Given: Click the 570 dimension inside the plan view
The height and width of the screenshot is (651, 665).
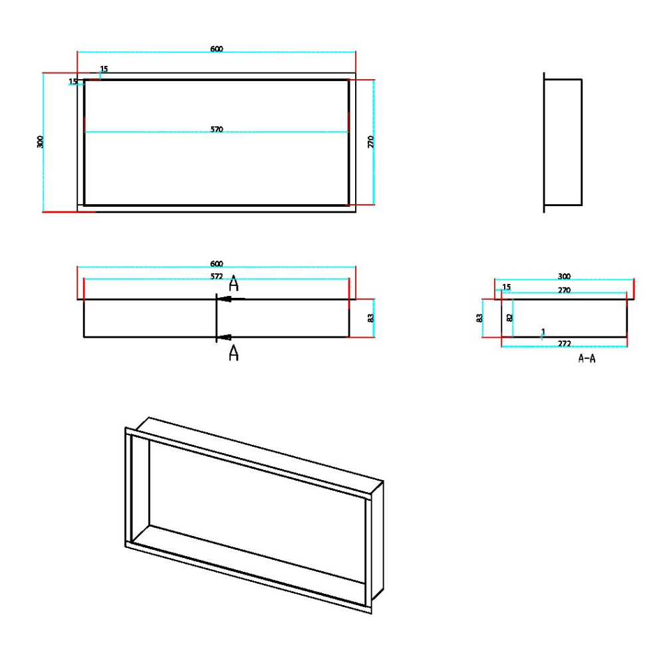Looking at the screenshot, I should pyautogui.click(x=217, y=130).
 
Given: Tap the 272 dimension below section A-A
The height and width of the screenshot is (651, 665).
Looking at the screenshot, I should pyautogui.click(x=565, y=343).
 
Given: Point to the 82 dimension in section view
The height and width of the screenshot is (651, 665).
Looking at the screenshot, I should pyautogui.click(x=510, y=318).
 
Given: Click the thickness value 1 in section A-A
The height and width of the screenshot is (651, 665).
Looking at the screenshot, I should pyautogui.click(x=543, y=331).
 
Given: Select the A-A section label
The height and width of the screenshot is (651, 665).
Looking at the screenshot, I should pyautogui.click(x=587, y=358).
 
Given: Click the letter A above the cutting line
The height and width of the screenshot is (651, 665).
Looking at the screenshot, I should pyautogui.click(x=233, y=285).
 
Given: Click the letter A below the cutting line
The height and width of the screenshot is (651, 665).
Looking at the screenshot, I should pyautogui.click(x=233, y=353).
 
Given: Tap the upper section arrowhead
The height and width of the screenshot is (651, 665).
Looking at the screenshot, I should pyautogui.click(x=226, y=299).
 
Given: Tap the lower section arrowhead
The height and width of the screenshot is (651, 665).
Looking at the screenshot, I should pyautogui.click(x=226, y=337).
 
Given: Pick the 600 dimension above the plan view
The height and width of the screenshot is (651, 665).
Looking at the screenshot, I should pyautogui.click(x=217, y=49).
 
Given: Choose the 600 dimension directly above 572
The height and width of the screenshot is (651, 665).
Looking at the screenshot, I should pyautogui.click(x=217, y=264).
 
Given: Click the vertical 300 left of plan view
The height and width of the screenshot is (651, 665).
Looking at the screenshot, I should pyautogui.click(x=40, y=142).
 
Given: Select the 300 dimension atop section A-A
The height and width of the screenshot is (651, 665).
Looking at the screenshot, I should pyautogui.click(x=565, y=276).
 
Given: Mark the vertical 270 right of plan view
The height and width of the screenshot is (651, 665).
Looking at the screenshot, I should pyautogui.click(x=371, y=142).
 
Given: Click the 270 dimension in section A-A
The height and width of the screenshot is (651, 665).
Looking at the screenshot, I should pyautogui.click(x=565, y=291).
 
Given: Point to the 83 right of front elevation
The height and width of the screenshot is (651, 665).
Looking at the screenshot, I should pyautogui.click(x=371, y=318).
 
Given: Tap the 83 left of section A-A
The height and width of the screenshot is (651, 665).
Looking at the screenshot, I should pyautogui.click(x=479, y=318).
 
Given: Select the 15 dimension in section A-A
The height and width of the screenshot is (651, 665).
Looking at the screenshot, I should pyautogui.click(x=507, y=287).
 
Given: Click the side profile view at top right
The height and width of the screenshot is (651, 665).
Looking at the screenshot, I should pyautogui.click(x=563, y=142).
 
